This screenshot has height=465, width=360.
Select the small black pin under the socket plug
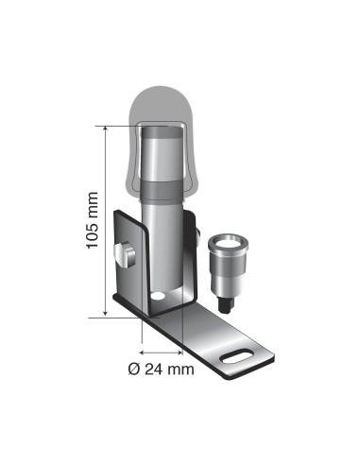[227, 304]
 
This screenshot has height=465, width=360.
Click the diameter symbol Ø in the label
[132, 369]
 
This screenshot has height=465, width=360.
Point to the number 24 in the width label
[151, 369]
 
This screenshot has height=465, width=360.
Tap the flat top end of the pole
[166, 132]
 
